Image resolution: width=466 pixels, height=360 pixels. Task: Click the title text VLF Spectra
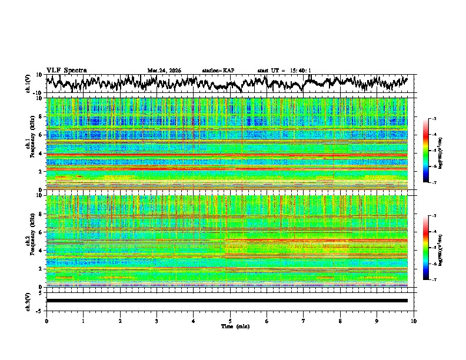(x=66, y=70)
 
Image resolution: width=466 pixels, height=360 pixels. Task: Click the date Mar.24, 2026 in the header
(x=164, y=71)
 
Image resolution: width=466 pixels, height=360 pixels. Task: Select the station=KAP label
(x=218, y=71)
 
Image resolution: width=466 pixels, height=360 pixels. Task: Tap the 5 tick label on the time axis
(x=230, y=321)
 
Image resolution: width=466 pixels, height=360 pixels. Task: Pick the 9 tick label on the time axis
(x=377, y=321)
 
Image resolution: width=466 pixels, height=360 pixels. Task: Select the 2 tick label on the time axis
(x=120, y=321)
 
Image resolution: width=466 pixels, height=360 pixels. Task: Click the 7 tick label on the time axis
(x=304, y=321)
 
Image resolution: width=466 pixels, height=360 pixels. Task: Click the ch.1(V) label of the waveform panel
(x=28, y=84)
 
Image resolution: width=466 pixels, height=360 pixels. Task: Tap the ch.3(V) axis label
(x=28, y=301)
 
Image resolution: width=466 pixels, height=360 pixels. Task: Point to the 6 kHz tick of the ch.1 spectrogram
(x=39, y=135)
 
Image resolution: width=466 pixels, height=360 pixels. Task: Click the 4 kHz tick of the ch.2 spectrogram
(x=39, y=250)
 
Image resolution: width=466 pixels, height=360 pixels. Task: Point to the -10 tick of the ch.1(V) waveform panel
(x=38, y=93)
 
